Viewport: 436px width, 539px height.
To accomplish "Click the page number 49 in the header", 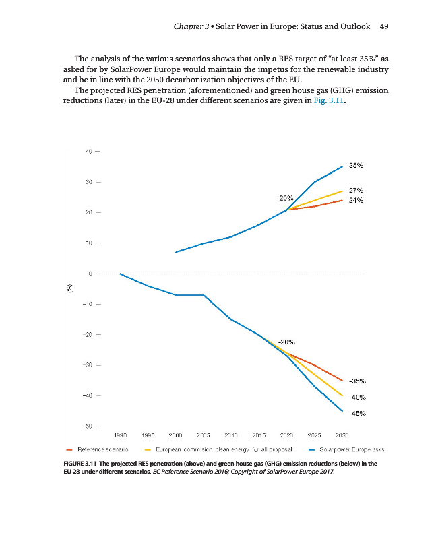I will (385, 26).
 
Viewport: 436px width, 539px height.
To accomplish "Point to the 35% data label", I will (356, 164).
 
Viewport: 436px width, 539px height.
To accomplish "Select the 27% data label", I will (356, 190).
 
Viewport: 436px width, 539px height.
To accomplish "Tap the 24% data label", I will (356, 200).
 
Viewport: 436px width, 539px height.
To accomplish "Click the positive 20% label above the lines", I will (286, 199).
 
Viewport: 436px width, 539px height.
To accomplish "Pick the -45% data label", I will (356, 413).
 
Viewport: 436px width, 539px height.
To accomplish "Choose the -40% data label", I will (356, 397).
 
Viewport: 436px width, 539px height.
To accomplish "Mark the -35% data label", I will (356, 381).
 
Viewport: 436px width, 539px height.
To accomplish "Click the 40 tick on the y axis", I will (88, 151).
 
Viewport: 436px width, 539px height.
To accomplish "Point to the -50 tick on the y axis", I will (87, 426).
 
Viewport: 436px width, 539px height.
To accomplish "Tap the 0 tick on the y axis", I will (90, 274).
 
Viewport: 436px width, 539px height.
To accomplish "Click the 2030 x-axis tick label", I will (342, 436).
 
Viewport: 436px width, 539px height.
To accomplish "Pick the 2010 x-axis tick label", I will (231, 436).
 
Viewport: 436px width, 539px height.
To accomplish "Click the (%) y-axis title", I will (69, 288).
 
